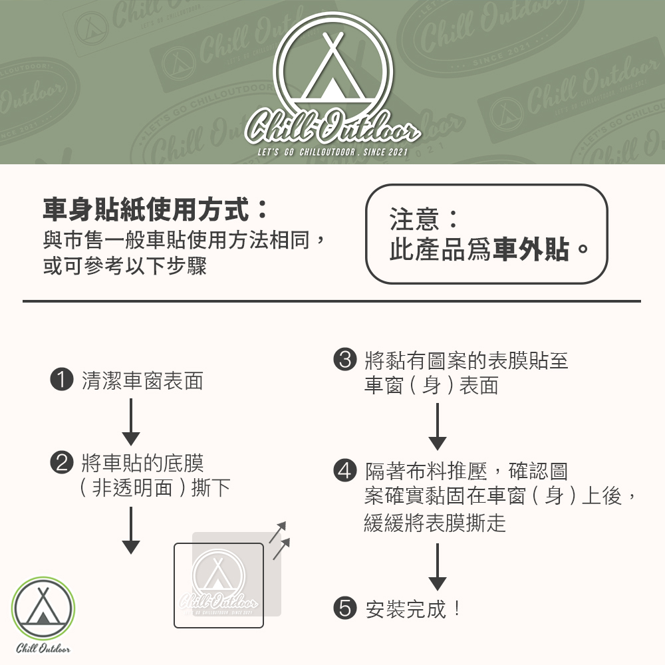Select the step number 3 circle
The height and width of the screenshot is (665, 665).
pos(344,360)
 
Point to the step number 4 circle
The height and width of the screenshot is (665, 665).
pos(344,471)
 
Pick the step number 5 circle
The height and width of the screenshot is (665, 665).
pos(344,608)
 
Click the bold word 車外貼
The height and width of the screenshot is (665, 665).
pos(531,251)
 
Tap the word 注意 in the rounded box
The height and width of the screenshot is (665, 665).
pos(414,219)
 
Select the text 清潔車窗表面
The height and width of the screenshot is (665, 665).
pos(142,381)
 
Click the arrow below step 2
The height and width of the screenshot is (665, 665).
pos(131,530)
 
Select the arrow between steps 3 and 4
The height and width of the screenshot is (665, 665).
pos(437,426)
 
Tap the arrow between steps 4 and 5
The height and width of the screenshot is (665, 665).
pos(437,567)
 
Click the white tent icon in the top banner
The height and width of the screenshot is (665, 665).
pos(333,67)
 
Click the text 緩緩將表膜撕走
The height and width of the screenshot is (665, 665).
pos(435,523)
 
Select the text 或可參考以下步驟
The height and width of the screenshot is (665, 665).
pos(125,267)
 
